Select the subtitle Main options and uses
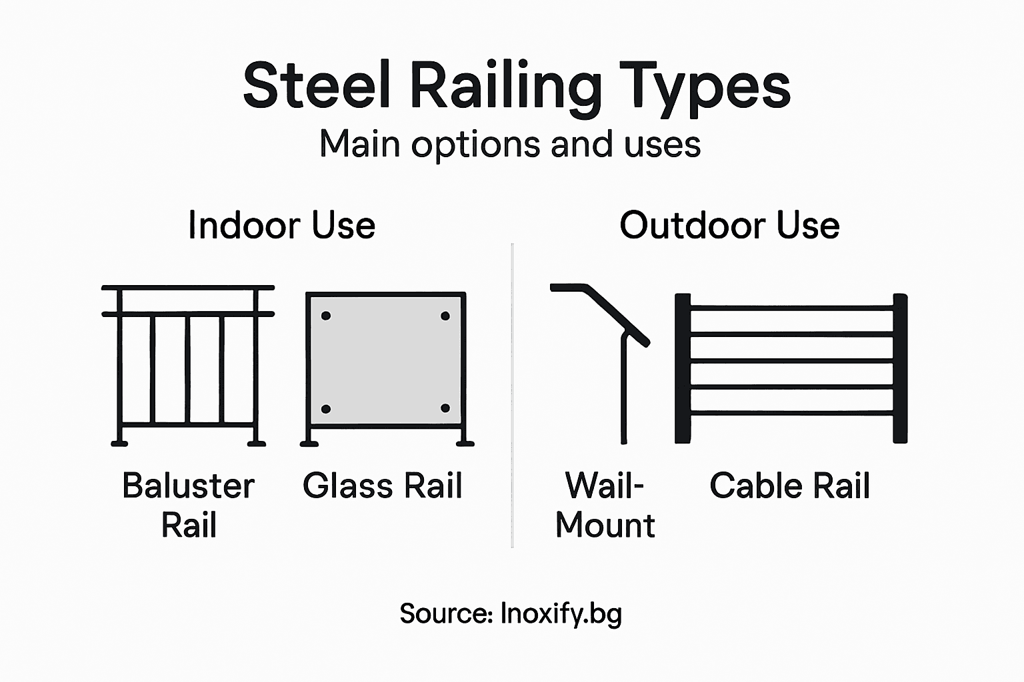coord(510,144)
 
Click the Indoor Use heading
coord(281,225)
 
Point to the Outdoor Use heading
coord(729,225)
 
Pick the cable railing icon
coord(791,368)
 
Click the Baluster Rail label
coord(189,505)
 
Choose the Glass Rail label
coord(383,486)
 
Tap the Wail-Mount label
coord(605,505)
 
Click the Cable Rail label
coord(790,486)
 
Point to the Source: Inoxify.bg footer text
coord(511,613)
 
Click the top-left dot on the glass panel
coord(326,316)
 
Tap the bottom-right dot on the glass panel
coord(445,408)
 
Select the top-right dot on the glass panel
coord(445,316)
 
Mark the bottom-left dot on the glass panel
coord(326,408)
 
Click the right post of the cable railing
coord(900,368)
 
